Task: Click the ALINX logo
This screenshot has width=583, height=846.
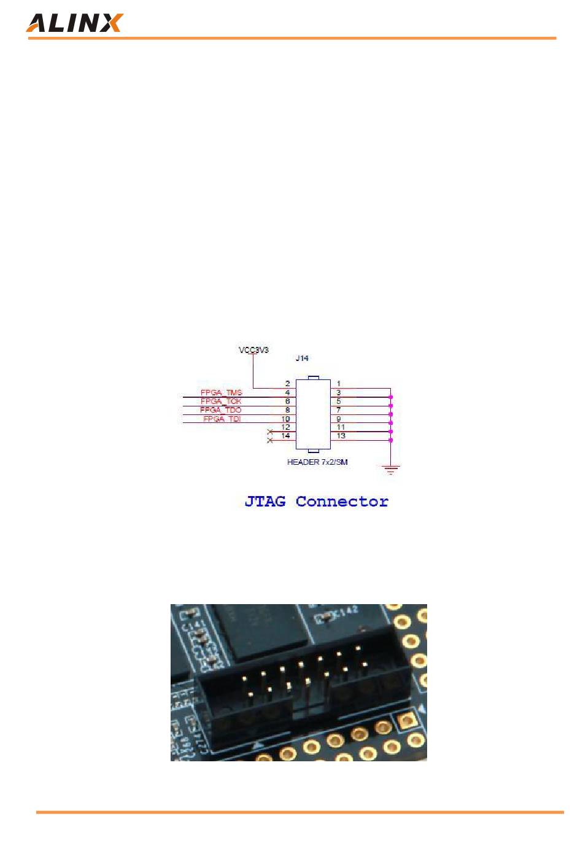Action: pos(74,23)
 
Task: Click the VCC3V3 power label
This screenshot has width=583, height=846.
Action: pos(253,350)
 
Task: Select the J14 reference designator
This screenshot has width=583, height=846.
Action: pos(302,358)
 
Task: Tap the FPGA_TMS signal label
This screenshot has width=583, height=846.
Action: pos(222,392)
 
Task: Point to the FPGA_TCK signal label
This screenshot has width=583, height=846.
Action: pos(221,401)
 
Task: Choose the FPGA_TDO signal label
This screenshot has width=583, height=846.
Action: pos(221,409)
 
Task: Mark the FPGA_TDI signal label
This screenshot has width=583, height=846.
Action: pos(222,419)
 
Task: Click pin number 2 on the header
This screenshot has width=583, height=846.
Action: pos(287,384)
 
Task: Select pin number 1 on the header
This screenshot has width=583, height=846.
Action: pos(339,384)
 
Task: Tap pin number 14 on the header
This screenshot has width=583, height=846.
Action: pos(285,435)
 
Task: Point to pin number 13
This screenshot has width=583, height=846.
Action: pos(341,435)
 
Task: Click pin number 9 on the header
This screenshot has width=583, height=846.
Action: pos(339,419)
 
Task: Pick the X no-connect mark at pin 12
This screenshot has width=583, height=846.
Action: pos(270,432)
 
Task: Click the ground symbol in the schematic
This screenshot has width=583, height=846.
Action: pos(390,470)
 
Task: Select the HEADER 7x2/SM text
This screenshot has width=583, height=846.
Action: pos(317,462)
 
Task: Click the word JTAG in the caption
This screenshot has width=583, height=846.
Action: pos(265,501)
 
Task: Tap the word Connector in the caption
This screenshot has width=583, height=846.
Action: pos(342,501)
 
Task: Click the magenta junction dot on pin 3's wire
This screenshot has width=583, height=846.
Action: pos(390,397)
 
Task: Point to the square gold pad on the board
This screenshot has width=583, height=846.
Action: pos(406,720)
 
